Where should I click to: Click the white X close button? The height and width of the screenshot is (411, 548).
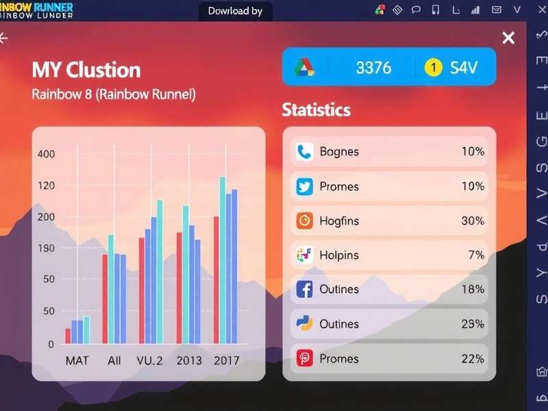[x=508, y=38]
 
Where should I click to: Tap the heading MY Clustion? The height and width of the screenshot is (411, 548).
[x=86, y=70]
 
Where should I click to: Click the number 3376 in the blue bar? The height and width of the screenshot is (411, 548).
[x=373, y=67]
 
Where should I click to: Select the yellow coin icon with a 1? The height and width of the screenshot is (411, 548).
[x=433, y=67]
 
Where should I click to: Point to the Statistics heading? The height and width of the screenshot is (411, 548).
[x=316, y=110]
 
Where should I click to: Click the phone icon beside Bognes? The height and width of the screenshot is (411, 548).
[x=305, y=151]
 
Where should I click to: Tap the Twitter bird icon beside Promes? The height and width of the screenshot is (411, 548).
[x=305, y=186]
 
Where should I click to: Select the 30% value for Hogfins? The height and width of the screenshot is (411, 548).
[x=473, y=221]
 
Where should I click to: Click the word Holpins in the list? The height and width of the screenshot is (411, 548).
[x=339, y=255]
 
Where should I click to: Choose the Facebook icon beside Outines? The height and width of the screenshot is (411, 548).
[x=305, y=289]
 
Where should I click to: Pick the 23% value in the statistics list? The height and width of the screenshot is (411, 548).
[x=473, y=323]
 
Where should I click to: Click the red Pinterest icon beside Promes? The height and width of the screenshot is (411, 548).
[x=305, y=358]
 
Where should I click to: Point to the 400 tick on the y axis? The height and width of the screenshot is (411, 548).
[x=46, y=154]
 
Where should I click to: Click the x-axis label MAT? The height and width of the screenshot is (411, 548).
[x=77, y=360]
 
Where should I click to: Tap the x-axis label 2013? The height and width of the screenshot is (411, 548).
[x=189, y=360]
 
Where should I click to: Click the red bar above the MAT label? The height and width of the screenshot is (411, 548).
[x=68, y=336]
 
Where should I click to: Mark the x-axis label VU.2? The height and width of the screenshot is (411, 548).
[x=149, y=360]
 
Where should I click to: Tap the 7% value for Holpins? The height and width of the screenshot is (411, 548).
[x=476, y=255]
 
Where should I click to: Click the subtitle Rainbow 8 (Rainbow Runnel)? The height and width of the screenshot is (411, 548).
[x=114, y=95]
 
